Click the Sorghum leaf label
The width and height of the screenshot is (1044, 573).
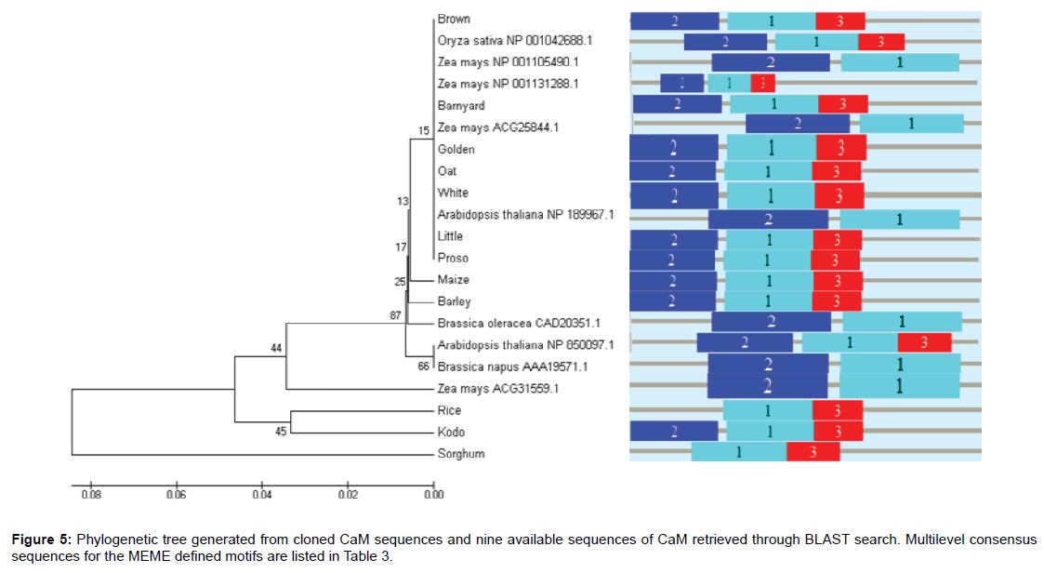point(461,454)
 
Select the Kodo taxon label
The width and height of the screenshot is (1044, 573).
point(451,433)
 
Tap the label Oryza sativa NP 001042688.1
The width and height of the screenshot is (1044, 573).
point(515,41)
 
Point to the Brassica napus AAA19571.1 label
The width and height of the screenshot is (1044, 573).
point(498,366)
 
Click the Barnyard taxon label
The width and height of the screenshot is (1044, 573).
point(461,106)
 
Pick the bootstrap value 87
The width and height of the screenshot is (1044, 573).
point(395,316)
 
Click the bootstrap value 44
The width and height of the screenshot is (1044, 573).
point(276,348)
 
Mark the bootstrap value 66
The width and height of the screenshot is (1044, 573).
point(424,366)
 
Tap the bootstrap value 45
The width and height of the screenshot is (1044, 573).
point(282,431)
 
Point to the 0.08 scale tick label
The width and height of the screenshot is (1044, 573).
point(91,495)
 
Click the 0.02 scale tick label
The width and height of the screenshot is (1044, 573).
point(348,495)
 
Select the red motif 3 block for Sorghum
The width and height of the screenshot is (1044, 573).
point(813,452)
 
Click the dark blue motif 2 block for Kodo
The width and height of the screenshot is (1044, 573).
point(674,431)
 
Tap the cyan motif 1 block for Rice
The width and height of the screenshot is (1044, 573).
point(768,410)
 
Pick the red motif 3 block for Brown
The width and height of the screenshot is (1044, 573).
point(840,20)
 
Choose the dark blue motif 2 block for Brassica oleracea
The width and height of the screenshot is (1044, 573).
point(771,322)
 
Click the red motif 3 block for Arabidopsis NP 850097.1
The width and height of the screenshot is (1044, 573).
point(924,342)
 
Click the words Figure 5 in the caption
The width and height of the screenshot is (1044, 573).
point(41,540)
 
